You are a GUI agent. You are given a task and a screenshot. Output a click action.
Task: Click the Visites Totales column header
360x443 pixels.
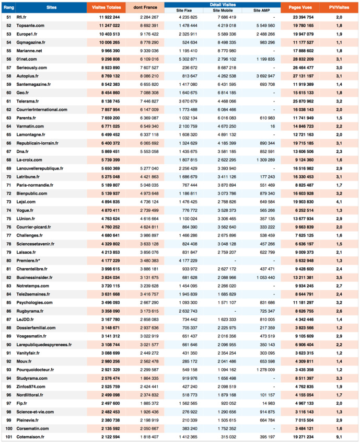(106, 8)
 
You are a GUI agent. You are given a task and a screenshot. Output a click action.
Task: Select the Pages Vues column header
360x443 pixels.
(300, 8)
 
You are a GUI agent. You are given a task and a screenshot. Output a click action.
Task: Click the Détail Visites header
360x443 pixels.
(222, 5)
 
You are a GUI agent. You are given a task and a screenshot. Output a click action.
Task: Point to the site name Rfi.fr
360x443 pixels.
(22, 17)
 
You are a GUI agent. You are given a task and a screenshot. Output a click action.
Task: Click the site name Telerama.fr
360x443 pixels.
(28, 100)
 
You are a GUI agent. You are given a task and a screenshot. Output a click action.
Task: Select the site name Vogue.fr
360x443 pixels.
(26, 210)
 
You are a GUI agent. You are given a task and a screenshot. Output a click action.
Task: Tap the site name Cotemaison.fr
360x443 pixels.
(30, 436)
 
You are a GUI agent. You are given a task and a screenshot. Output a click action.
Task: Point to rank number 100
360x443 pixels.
(8, 428)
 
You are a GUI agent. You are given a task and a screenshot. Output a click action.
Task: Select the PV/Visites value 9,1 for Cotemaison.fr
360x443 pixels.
(339, 436)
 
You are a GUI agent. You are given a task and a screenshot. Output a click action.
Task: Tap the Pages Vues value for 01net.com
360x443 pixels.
(300, 59)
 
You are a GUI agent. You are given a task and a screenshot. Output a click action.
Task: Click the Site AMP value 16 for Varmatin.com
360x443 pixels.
(272, 126)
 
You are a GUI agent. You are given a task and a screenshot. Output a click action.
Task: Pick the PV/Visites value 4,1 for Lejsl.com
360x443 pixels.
(339, 201)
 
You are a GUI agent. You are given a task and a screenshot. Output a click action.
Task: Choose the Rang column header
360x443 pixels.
(8, 8)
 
